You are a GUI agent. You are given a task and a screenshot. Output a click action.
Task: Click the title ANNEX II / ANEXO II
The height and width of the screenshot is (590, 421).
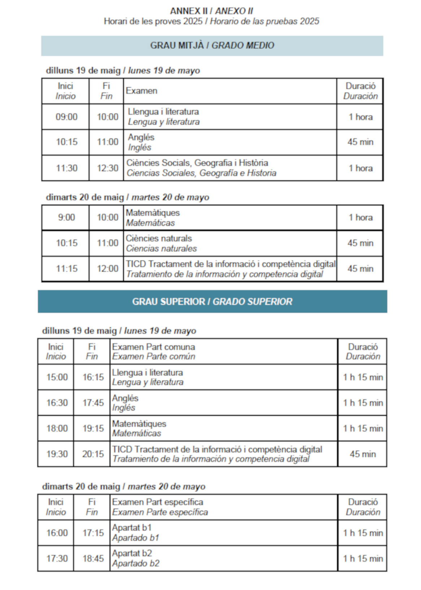click(211, 11)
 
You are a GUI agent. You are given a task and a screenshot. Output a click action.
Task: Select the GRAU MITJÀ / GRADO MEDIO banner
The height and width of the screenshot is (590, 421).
click(212, 45)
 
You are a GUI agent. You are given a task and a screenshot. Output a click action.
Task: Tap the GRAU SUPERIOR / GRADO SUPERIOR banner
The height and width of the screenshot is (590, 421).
click(212, 301)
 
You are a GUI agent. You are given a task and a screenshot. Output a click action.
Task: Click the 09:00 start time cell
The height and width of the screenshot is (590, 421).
click(66, 117)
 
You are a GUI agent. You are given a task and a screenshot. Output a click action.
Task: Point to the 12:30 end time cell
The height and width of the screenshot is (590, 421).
click(107, 168)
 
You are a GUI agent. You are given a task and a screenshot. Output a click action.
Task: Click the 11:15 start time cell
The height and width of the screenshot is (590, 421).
click(66, 269)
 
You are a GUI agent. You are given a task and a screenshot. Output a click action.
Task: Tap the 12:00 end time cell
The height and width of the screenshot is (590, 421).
click(107, 269)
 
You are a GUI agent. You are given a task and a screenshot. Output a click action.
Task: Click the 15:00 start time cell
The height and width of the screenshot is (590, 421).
click(57, 377)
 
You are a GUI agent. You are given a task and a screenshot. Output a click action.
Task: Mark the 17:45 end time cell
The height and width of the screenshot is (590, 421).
click(93, 403)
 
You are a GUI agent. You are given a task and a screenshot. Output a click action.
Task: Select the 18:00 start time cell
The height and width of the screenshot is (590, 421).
click(57, 428)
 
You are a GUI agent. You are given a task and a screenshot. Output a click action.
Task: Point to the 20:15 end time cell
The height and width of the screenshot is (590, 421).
click(93, 454)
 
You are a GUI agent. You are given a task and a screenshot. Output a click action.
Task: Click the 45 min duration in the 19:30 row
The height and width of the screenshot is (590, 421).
click(363, 454)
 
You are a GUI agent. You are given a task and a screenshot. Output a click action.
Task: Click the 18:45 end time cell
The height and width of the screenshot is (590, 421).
click(93, 559)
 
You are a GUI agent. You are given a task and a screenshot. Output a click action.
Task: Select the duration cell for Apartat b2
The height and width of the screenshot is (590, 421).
click(363, 559)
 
